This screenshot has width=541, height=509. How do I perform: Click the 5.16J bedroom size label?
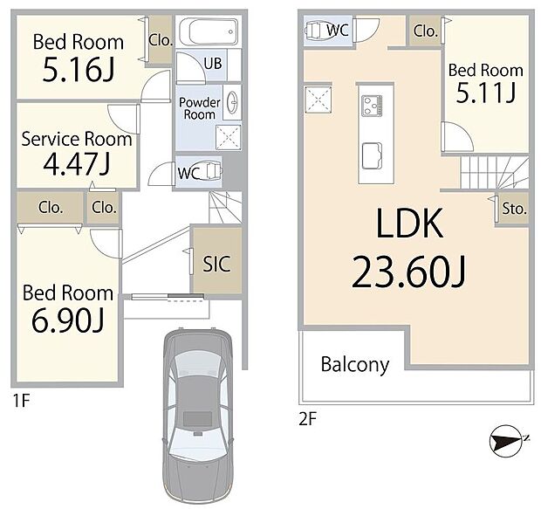tap(78, 70)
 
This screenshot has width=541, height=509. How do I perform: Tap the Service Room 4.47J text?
tap(77, 162)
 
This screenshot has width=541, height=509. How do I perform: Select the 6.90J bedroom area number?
tap(67, 320)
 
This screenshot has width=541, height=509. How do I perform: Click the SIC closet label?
tap(216, 263)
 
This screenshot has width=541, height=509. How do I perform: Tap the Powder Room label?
tap(198, 108)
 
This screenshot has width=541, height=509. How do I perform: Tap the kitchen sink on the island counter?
tap(370, 155)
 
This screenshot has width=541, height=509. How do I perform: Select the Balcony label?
tap(354, 364)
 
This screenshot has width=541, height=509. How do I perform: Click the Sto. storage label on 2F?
tap(513, 210)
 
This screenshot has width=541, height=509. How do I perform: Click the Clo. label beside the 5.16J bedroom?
tap(160, 38)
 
